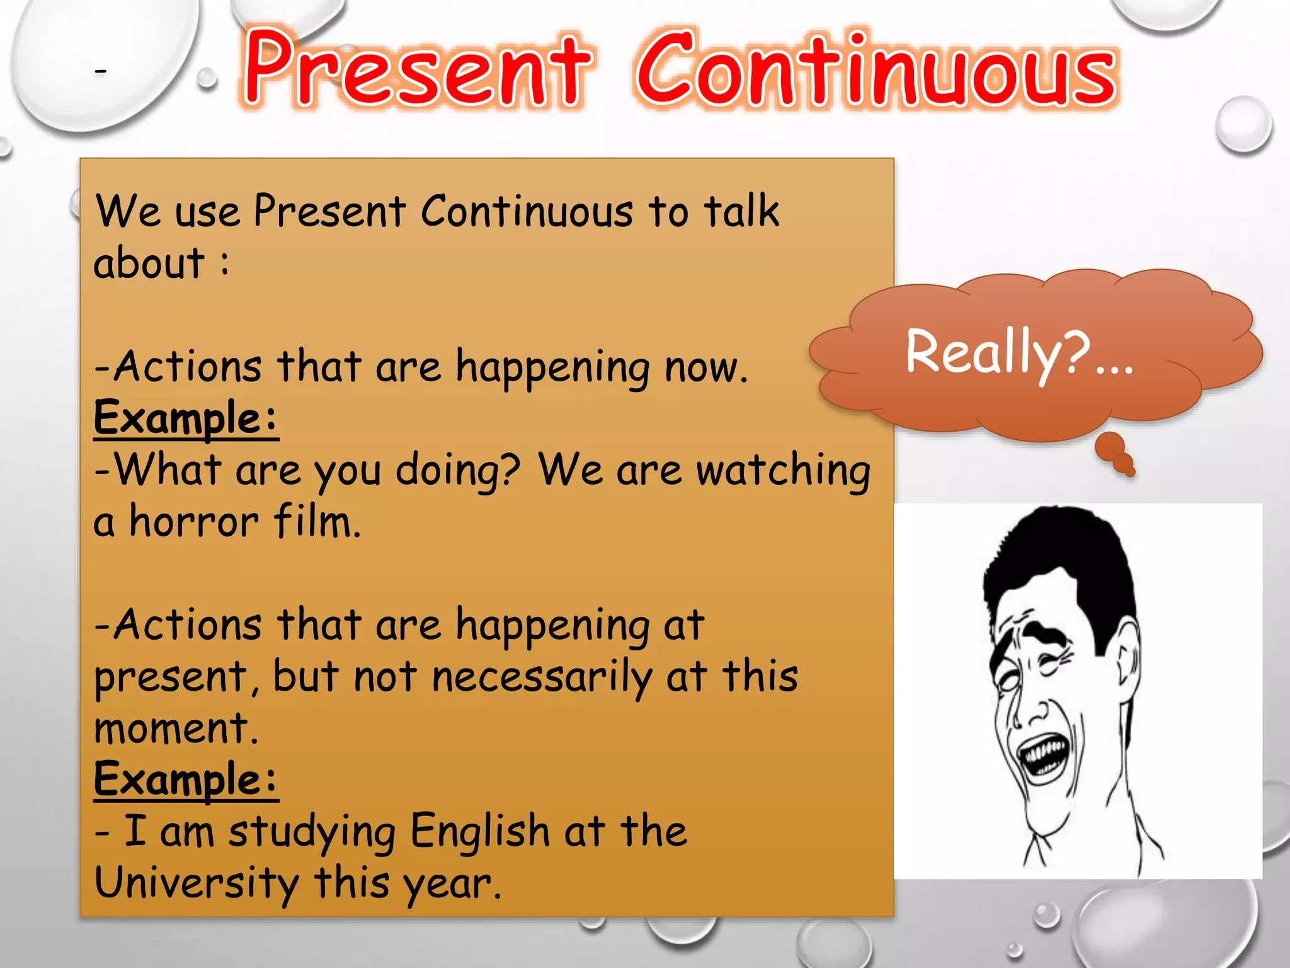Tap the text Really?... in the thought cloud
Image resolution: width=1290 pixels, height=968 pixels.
pos(1019,353)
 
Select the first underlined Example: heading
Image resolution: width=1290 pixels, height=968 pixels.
pos(186,418)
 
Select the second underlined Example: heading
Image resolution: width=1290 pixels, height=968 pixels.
pos(186,780)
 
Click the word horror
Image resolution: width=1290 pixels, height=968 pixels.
pos(194,522)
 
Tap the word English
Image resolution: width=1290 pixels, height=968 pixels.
pos(480,831)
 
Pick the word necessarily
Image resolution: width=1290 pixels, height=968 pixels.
pos(542,677)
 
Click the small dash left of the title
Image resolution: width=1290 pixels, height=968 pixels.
pos(101,71)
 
